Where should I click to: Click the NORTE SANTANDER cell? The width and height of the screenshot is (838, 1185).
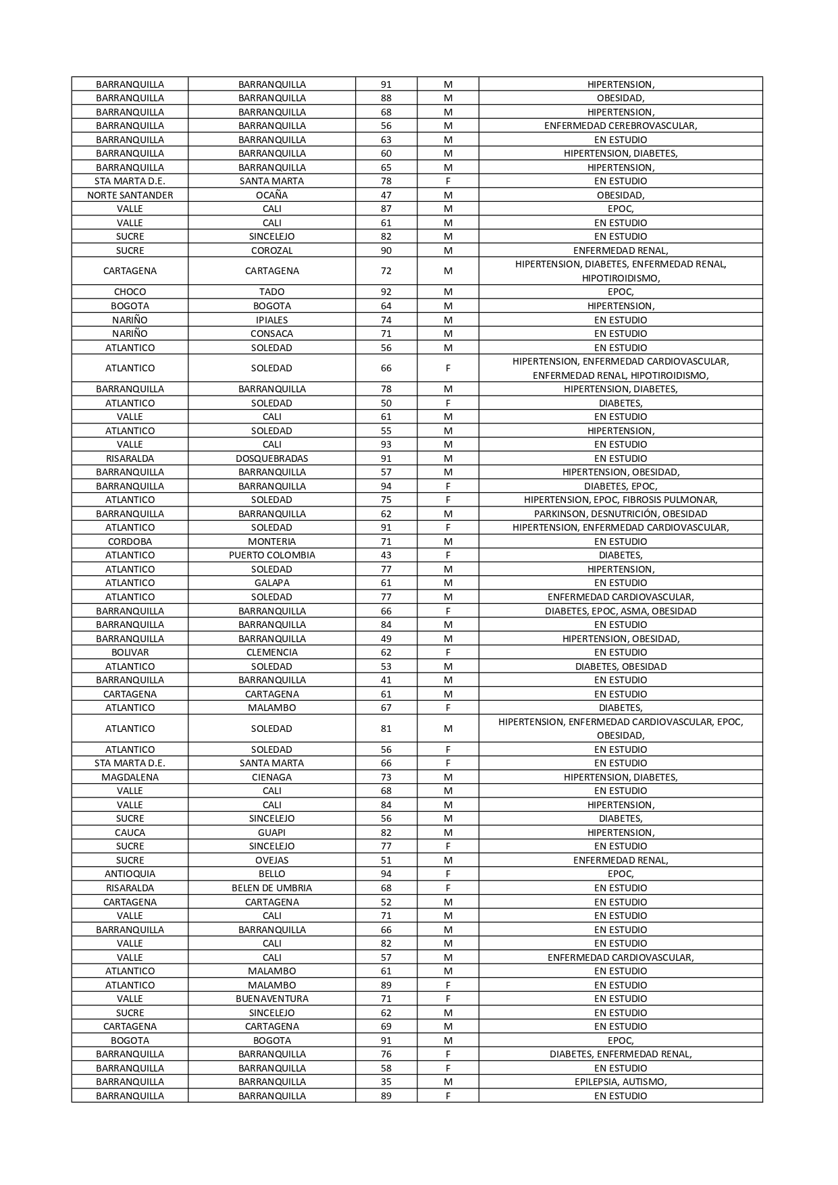tap(130, 195)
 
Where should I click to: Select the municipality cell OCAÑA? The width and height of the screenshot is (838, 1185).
tap(271, 195)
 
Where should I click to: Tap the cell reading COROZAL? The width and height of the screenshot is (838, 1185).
tap(271, 251)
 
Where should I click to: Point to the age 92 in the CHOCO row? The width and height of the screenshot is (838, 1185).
tap(386, 292)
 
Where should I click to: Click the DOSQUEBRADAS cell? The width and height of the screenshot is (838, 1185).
tap(271, 458)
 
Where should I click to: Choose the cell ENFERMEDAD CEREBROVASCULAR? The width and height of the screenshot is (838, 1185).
tap(620, 126)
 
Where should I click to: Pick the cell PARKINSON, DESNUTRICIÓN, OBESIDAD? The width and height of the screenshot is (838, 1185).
tap(620, 514)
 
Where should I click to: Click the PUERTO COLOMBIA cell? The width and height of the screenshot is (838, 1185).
tap(271, 555)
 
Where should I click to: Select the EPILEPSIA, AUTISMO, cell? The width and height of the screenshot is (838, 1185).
tap(620, 1082)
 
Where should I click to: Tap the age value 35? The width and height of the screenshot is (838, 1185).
tap(386, 1082)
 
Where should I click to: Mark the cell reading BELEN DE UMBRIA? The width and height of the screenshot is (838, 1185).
tap(271, 888)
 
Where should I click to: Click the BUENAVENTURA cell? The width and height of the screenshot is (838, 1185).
tap(271, 999)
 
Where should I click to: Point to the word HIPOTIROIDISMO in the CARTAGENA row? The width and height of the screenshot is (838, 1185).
tap(620, 278)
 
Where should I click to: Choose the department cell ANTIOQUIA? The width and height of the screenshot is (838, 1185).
tap(130, 874)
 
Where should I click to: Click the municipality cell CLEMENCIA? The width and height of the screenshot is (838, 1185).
tap(271, 652)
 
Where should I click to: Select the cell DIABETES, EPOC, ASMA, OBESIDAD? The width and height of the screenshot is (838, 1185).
tap(620, 611)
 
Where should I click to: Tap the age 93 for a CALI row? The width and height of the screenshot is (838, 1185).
tap(386, 444)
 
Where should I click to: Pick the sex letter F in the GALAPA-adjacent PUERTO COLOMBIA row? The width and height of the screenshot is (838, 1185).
tap(448, 555)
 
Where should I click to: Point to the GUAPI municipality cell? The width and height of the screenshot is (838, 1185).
tap(271, 833)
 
